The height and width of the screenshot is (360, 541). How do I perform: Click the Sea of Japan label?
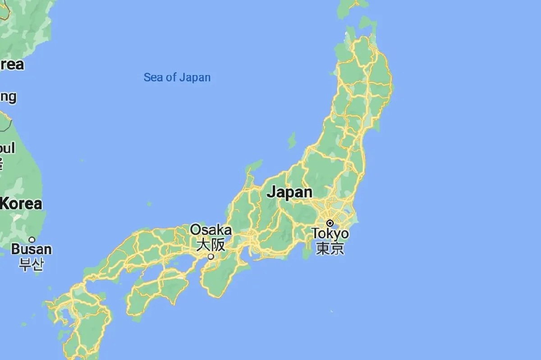pyautogui.click(x=177, y=77)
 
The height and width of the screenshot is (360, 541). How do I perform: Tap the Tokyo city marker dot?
pyautogui.click(x=330, y=223)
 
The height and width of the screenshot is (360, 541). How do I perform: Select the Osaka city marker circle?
pyautogui.click(x=211, y=257)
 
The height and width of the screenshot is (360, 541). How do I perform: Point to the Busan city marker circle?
pyautogui.click(x=32, y=239)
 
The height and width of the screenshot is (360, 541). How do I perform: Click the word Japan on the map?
pyautogui.click(x=289, y=192)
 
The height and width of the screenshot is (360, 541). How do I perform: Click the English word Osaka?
pyautogui.click(x=211, y=230)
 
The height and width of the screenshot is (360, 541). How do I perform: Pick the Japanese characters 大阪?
pyautogui.click(x=211, y=245)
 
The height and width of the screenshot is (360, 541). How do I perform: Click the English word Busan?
pyautogui.click(x=32, y=249)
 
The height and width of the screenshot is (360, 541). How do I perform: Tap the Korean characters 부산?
pyautogui.click(x=32, y=264)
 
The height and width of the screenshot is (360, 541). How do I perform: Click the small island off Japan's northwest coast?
pyautogui.click(x=292, y=141)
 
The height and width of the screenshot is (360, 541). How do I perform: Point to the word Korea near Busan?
pyautogui.click(x=21, y=204)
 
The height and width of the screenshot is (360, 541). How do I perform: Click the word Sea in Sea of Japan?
pyautogui.click(x=153, y=77)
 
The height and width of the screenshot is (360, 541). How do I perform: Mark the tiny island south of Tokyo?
pyautogui.click(x=331, y=311)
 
